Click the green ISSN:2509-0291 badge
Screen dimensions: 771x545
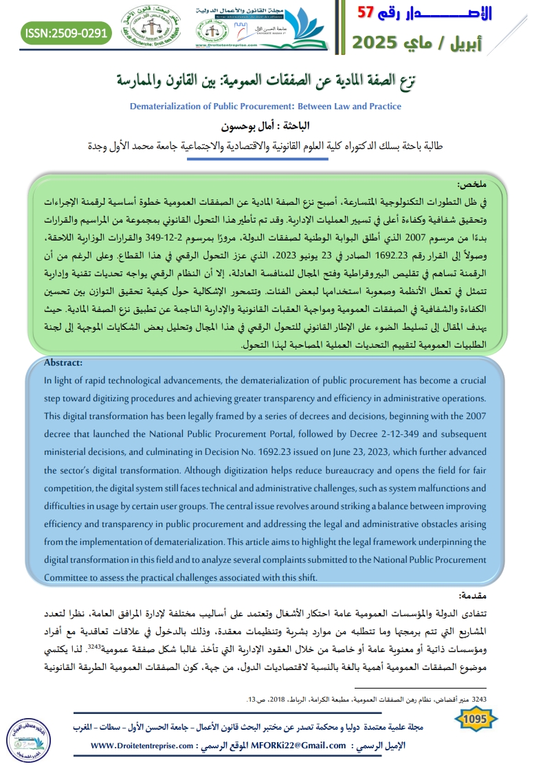pos(66,32)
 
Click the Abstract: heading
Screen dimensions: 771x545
pos(63,363)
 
